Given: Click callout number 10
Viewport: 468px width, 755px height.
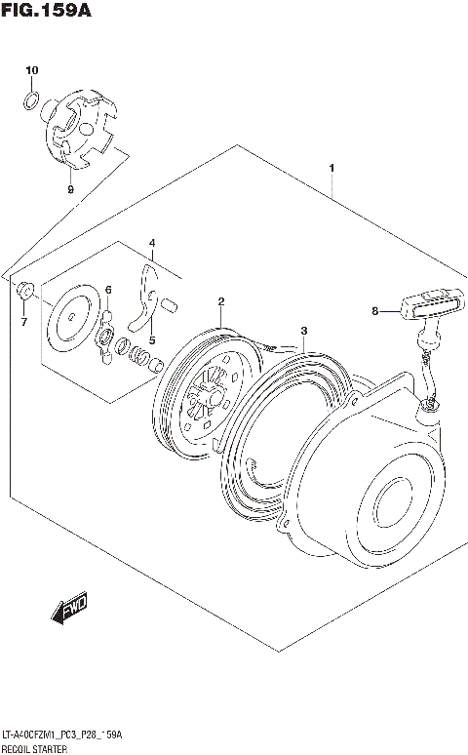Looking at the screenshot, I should pos(31,71).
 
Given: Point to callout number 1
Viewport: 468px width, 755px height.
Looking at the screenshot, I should pos(332,169).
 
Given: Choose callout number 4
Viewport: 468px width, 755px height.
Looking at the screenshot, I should pos(151,242).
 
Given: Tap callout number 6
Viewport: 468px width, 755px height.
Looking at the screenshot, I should pos(108,290).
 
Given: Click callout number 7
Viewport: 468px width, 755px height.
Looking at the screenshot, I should pos(24,322).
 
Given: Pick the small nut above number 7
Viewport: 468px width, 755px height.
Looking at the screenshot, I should pos(25,289).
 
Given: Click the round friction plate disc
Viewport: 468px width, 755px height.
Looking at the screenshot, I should pos(73,318).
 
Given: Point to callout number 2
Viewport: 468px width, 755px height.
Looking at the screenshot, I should pos(221,301).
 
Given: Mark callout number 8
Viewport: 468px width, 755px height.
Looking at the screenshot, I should pos(374,312).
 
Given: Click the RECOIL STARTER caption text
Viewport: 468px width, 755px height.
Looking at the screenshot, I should pos(36,747).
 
